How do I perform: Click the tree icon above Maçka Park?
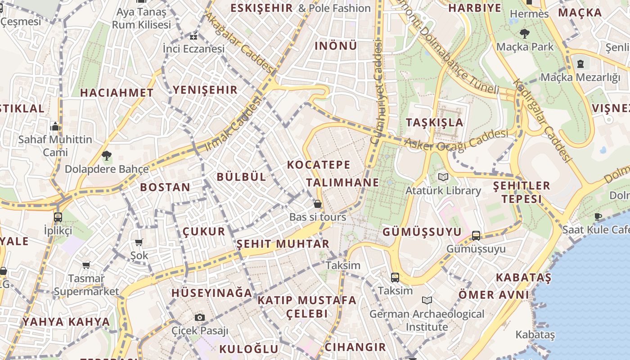click(524, 33)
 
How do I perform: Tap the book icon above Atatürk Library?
click(443, 177)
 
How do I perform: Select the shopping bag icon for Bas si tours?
click(318, 204)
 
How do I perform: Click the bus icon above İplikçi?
click(58, 217)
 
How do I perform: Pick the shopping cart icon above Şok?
click(139, 242)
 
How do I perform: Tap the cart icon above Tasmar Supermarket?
click(86, 265)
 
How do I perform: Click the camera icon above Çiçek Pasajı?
click(200, 317)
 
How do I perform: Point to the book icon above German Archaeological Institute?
click(427, 300)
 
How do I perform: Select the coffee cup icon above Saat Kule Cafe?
click(598, 216)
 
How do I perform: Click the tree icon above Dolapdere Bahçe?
click(107, 156)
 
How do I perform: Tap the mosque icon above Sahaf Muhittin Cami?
click(55, 126)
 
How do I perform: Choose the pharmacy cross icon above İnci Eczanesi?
click(193, 36)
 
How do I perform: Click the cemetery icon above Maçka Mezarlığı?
click(580, 63)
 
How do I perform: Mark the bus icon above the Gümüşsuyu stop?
click(476, 235)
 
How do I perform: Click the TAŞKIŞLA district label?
click(434, 122)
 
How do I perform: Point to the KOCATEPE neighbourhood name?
click(319, 165)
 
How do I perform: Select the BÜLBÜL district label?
click(242, 177)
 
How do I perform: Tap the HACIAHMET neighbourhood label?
click(117, 93)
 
